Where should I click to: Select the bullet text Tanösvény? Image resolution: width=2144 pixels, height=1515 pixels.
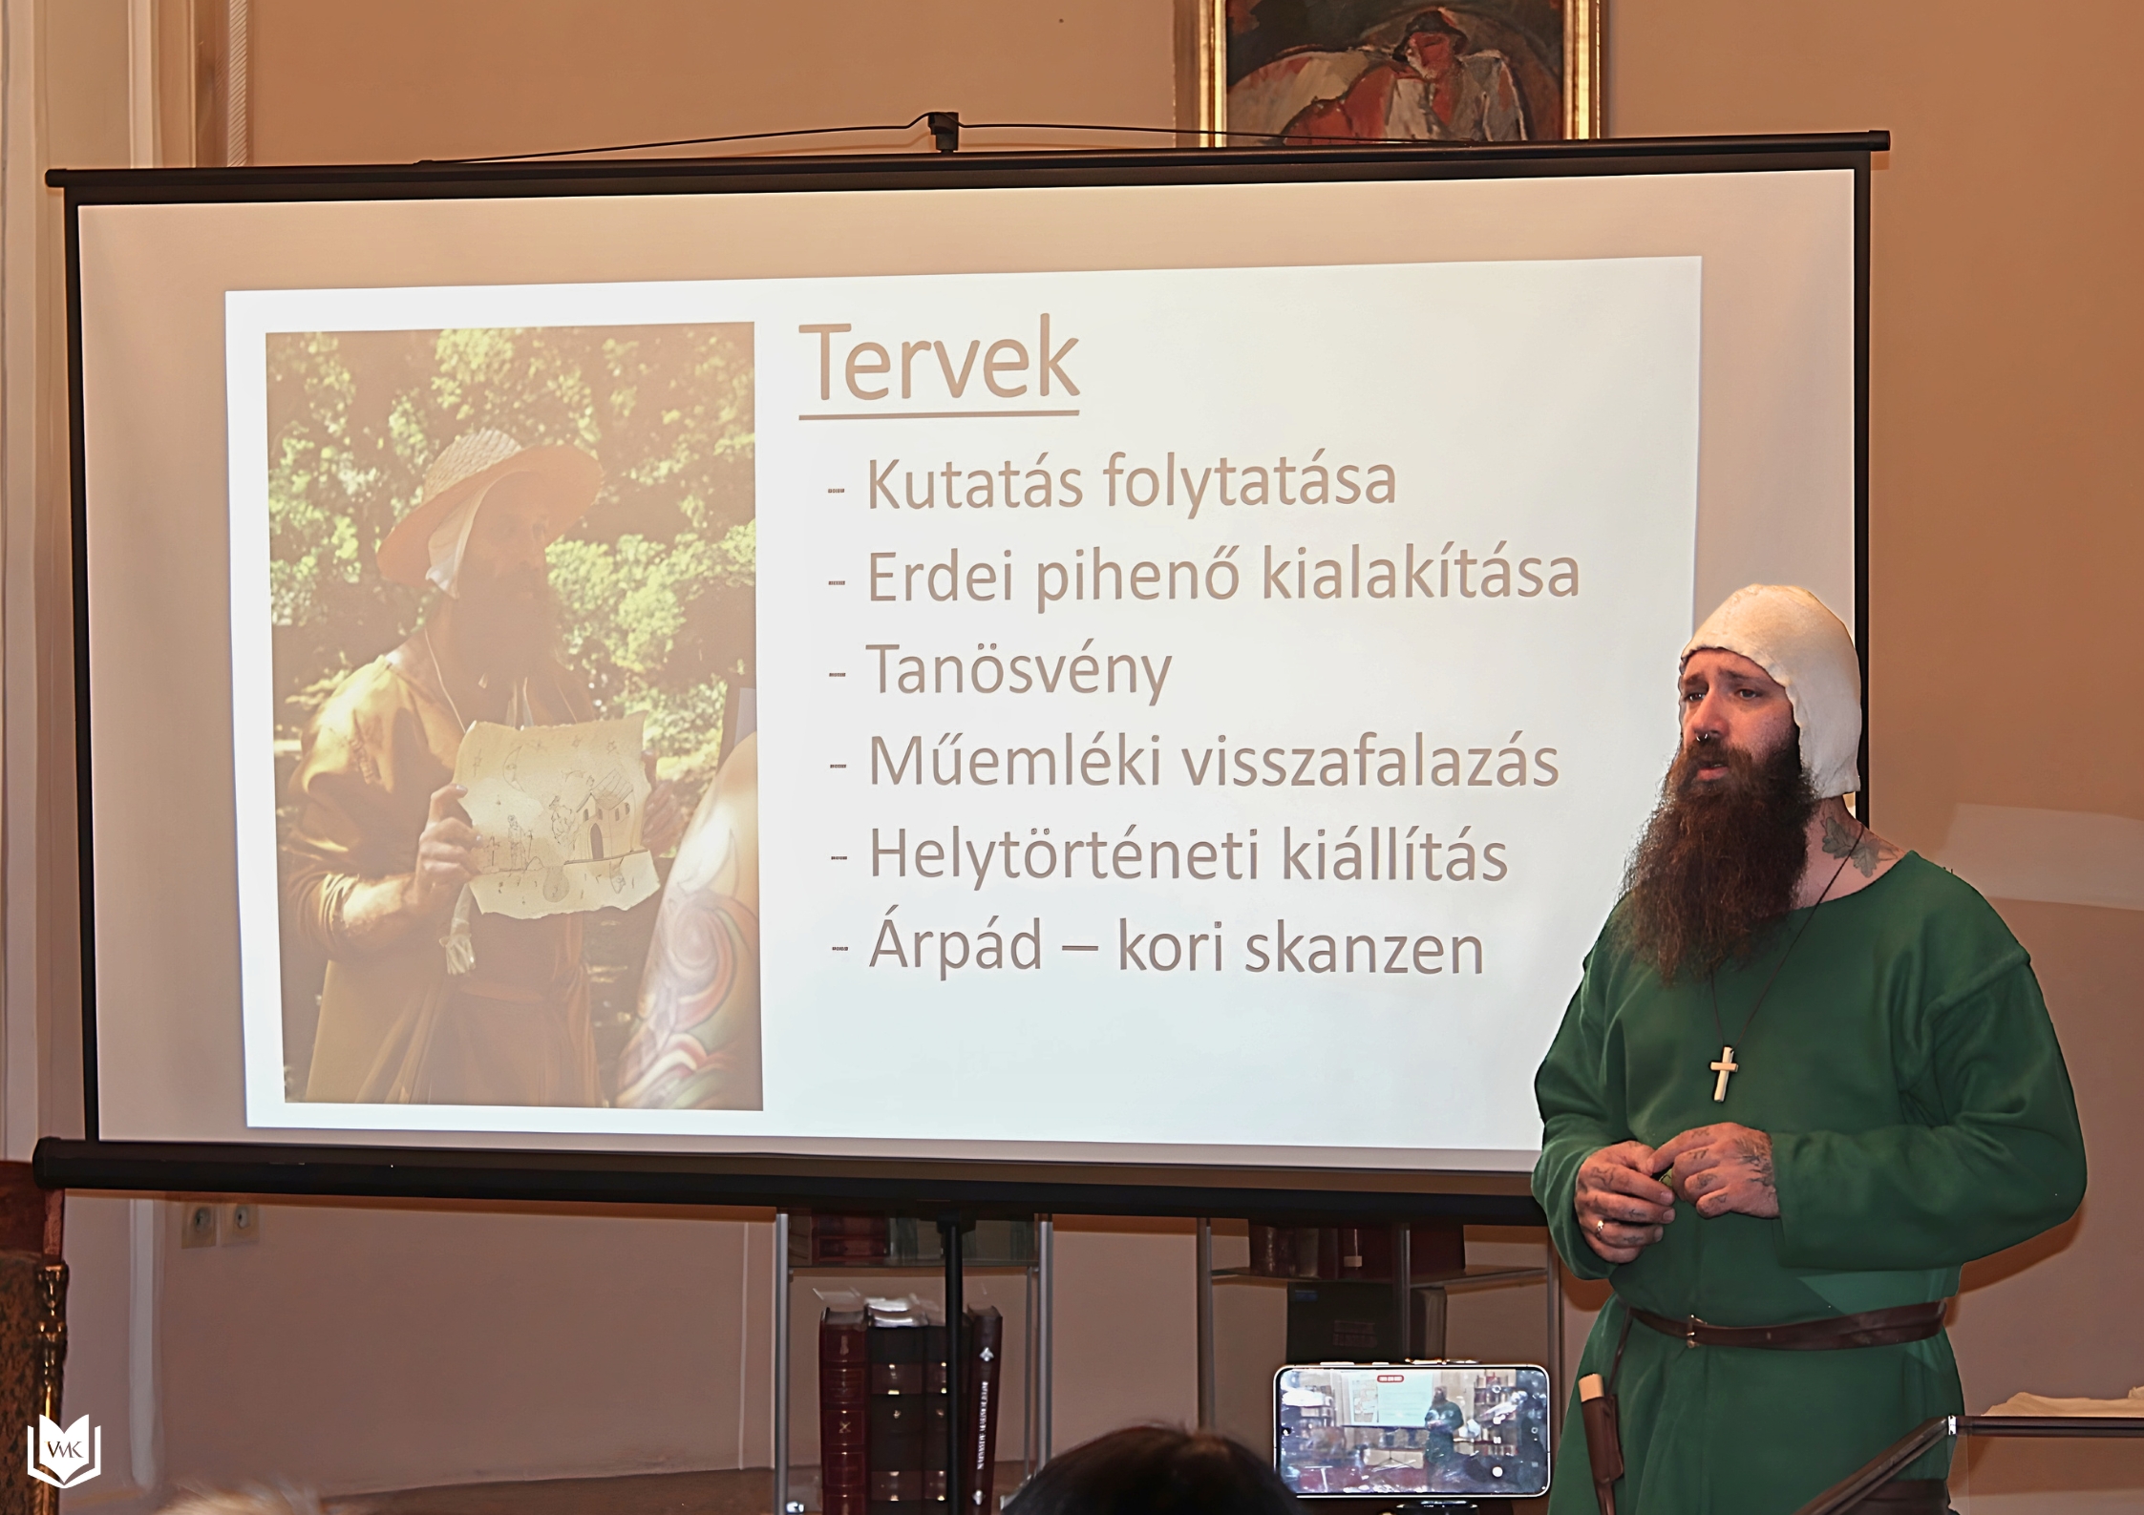pos(1018,671)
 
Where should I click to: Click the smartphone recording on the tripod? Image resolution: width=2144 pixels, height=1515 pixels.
pos(1412,1428)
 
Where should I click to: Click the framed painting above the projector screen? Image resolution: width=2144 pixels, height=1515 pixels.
pos(1389,69)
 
